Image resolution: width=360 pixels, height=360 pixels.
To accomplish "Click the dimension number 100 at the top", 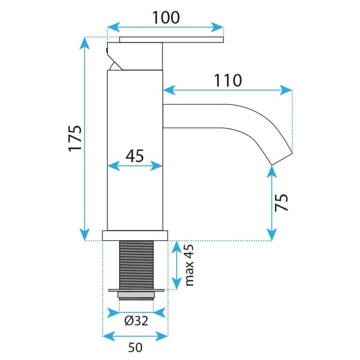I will (165, 17).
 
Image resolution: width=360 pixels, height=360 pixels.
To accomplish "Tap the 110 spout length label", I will (228, 80).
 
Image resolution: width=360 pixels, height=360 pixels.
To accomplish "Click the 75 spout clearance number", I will (282, 202).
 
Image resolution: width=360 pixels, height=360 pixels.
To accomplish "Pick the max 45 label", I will (190, 265).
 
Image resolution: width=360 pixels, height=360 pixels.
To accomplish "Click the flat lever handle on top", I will (172, 40).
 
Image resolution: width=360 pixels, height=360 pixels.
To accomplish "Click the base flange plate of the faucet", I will (135, 236).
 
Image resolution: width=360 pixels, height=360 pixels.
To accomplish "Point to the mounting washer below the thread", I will (136, 290).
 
